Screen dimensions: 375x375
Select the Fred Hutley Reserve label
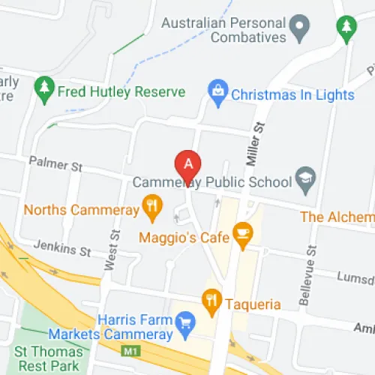coord(123,92)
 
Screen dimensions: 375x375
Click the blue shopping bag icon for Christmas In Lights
coord(218,94)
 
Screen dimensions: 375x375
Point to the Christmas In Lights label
coord(292,95)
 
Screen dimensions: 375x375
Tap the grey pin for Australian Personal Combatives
coord(301,30)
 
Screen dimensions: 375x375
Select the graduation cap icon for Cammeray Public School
coord(304,178)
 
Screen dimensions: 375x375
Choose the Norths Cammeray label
coord(82,210)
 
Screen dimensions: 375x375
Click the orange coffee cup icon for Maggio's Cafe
coord(241,234)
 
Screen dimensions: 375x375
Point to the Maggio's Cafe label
coord(184,238)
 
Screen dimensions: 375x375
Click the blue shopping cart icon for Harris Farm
coord(183,323)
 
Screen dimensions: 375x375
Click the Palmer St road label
coord(54,162)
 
